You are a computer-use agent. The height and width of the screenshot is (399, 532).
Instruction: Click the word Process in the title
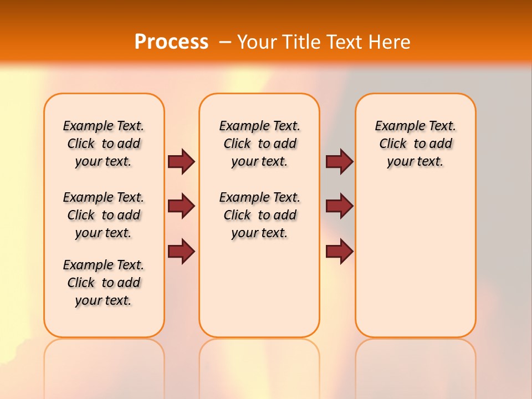[171, 42]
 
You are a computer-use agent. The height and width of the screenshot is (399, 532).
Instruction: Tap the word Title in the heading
[301, 42]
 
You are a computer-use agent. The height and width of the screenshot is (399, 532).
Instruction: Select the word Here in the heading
[390, 42]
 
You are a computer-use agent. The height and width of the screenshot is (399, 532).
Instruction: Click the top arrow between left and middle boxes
[181, 161]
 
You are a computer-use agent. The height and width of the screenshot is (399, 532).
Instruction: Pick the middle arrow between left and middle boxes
[181, 206]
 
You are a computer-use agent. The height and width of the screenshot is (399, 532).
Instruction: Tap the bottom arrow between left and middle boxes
[181, 251]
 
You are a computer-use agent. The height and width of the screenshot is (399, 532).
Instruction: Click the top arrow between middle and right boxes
[339, 161]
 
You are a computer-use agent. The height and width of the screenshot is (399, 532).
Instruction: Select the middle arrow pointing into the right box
[339, 206]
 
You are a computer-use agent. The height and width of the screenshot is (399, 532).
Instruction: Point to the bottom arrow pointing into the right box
[339, 251]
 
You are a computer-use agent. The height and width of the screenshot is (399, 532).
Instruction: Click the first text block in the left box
[104, 144]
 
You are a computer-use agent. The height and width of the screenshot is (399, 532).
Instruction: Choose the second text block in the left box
[104, 215]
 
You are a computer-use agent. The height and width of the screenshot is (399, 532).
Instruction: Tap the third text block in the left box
[104, 283]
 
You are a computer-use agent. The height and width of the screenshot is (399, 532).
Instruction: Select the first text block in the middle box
[259, 144]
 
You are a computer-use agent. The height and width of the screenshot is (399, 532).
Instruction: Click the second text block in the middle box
[259, 215]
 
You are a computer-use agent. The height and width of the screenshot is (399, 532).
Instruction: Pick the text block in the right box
[415, 144]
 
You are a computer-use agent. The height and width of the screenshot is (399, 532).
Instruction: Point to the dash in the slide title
[225, 42]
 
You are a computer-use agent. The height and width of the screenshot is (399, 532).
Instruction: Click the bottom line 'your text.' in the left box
[104, 300]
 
